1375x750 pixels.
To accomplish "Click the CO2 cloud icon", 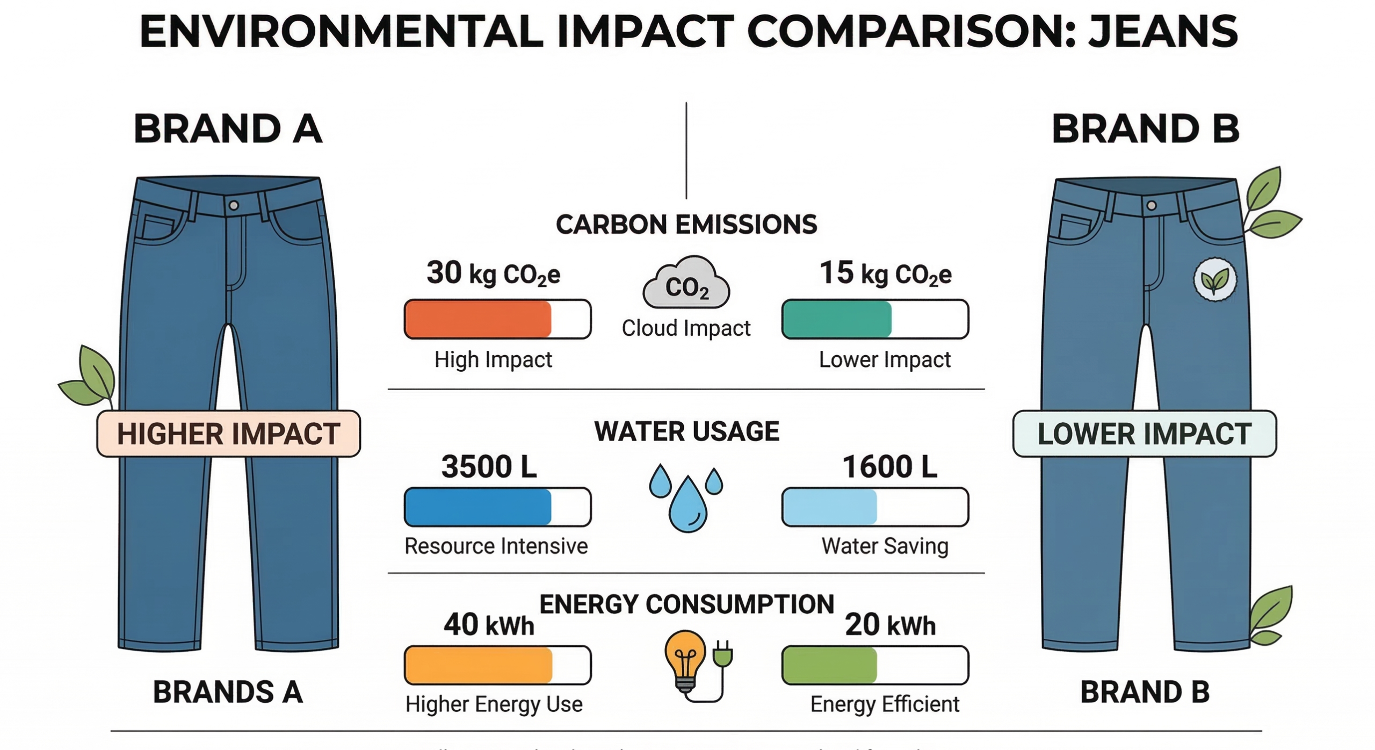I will (x=686, y=283).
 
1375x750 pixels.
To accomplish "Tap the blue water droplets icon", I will (x=686, y=498).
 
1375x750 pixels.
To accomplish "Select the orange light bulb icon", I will (x=685, y=661).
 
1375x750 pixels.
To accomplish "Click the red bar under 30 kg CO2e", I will (x=478, y=319).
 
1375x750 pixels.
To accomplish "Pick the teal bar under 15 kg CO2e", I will (x=837, y=319).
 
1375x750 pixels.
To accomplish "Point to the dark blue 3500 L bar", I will (x=478, y=507).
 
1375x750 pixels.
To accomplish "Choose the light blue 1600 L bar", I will (x=830, y=507).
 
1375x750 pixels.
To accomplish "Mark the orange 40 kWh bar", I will (x=478, y=665).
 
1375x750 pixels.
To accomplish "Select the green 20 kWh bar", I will (x=830, y=665).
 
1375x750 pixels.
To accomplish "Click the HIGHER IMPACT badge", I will (x=228, y=434).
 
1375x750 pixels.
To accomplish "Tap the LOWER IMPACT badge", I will (x=1144, y=434).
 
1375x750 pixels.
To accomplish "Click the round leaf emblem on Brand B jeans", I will (x=1214, y=279).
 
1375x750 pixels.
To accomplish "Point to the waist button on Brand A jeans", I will (x=234, y=205).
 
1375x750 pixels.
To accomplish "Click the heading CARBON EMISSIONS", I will (x=686, y=225).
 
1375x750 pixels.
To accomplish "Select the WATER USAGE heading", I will (x=686, y=431).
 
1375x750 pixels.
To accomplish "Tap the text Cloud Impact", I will (x=686, y=328).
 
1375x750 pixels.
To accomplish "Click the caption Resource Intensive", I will (x=496, y=546).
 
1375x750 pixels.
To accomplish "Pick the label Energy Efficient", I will (x=884, y=704).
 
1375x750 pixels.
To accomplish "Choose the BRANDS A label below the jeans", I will (x=228, y=691).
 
